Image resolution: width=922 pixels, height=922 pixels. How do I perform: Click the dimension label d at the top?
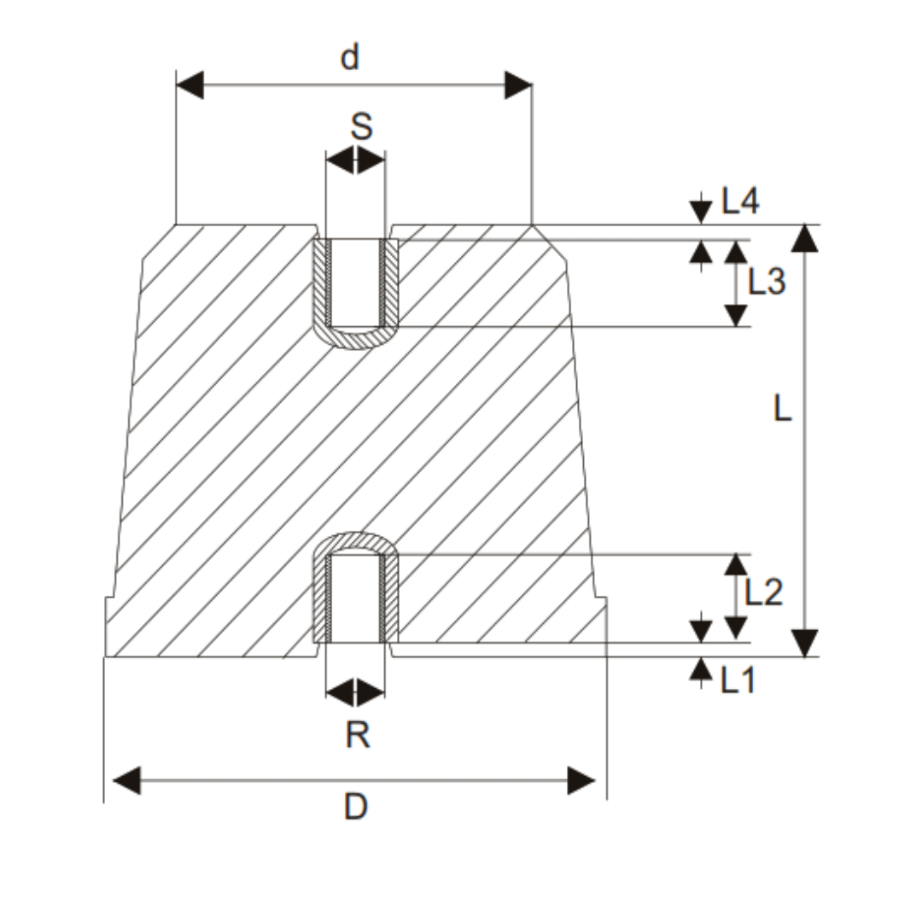[350, 58]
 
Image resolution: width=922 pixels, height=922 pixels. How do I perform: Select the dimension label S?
[362, 127]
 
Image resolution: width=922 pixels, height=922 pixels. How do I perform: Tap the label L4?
[740, 201]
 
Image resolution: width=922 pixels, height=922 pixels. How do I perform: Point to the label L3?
[766, 281]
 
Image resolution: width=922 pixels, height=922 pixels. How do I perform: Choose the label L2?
[763, 592]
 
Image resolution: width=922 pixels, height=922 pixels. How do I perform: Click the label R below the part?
[358, 734]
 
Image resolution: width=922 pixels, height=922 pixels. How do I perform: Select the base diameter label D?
[355, 806]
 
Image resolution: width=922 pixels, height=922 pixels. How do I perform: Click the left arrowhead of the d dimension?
[190, 85]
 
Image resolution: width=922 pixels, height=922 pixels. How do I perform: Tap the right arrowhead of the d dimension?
[518, 85]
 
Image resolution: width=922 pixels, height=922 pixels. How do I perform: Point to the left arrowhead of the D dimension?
[126, 780]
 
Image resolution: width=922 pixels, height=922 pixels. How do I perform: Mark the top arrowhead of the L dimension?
[804, 238]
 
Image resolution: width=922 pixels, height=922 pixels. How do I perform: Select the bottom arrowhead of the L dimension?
[804, 643]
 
